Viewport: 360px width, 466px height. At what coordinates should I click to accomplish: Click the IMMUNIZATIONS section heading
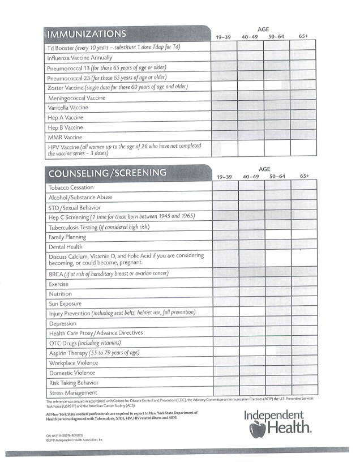pyautogui.click(x=87, y=33)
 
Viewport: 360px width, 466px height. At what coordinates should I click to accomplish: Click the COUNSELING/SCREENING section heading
pyautogui.click(x=108, y=173)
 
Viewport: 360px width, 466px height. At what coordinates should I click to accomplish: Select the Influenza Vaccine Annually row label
pyautogui.click(x=80, y=57)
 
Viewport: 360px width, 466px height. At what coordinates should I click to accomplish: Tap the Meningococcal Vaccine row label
pyautogui.click(x=77, y=97)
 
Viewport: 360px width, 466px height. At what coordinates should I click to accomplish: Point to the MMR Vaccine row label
pyautogui.click(x=66, y=137)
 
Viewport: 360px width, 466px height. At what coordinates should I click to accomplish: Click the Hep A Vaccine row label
pyautogui.click(x=66, y=117)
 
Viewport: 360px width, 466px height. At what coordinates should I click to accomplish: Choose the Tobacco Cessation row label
pyautogui.click(x=71, y=187)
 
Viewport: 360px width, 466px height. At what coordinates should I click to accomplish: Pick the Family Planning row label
pyautogui.click(x=68, y=237)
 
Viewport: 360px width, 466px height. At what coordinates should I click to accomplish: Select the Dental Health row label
pyautogui.click(x=66, y=247)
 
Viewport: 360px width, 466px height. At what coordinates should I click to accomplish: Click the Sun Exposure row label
pyautogui.click(x=66, y=304)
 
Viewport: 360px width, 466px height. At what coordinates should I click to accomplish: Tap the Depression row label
pyautogui.click(x=63, y=324)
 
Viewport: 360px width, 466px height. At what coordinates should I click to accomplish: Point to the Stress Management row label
pyautogui.click(x=73, y=392)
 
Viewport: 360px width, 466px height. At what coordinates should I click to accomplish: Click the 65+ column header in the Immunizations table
pyautogui.click(x=303, y=36)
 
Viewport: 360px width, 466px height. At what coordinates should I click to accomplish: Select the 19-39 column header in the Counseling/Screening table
pyautogui.click(x=225, y=177)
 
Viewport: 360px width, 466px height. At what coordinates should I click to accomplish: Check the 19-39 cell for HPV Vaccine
pyautogui.click(x=225, y=149)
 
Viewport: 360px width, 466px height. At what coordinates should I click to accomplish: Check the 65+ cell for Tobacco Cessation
pyautogui.click(x=304, y=187)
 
